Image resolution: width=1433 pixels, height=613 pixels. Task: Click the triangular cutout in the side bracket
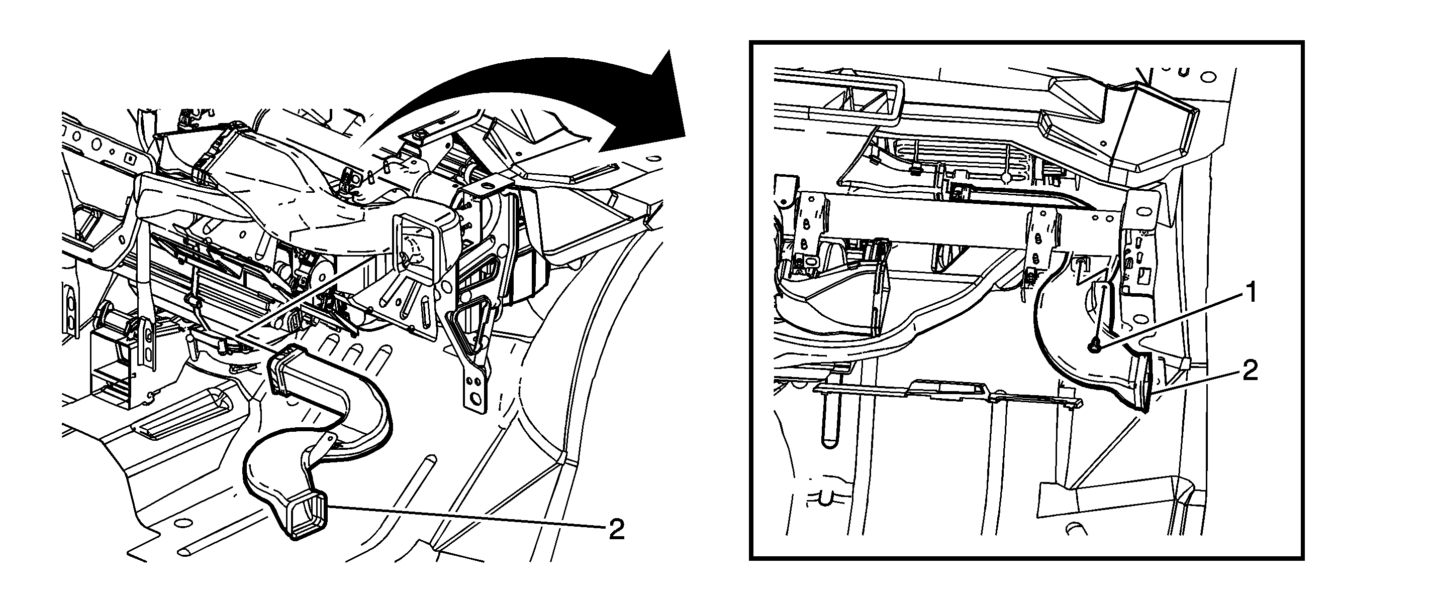click(x=470, y=331)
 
